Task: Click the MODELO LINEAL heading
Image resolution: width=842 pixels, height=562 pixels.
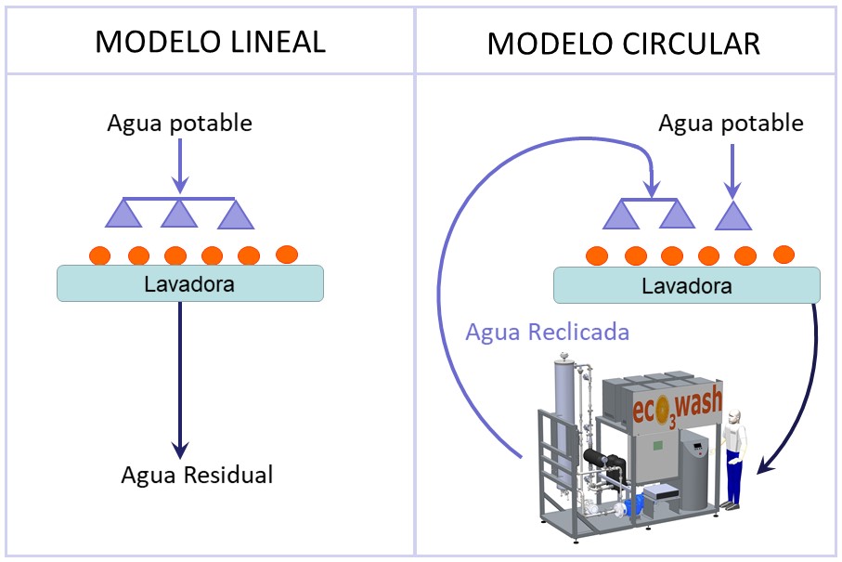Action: tap(211, 42)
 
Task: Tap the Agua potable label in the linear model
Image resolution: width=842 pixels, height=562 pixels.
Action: tap(179, 123)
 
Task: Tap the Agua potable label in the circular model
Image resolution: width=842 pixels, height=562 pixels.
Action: tap(731, 123)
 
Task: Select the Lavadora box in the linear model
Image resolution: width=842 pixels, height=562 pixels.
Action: tap(190, 283)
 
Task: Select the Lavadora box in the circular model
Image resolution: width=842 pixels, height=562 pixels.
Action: tap(687, 285)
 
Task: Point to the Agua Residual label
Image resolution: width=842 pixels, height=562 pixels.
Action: tap(197, 475)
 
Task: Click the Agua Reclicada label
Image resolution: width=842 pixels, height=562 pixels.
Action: tap(548, 332)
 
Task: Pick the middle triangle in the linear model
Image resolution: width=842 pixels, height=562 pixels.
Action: tap(179, 214)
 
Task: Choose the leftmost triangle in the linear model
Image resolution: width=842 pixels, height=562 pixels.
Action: tap(123, 214)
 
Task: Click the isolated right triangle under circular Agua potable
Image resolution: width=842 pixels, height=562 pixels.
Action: tap(732, 216)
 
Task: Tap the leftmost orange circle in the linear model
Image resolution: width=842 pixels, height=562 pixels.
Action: tap(101, 254)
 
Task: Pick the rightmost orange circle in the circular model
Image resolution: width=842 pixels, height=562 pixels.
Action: tap(784, 254)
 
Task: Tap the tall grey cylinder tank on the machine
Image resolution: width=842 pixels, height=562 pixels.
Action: tap(565, 409)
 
